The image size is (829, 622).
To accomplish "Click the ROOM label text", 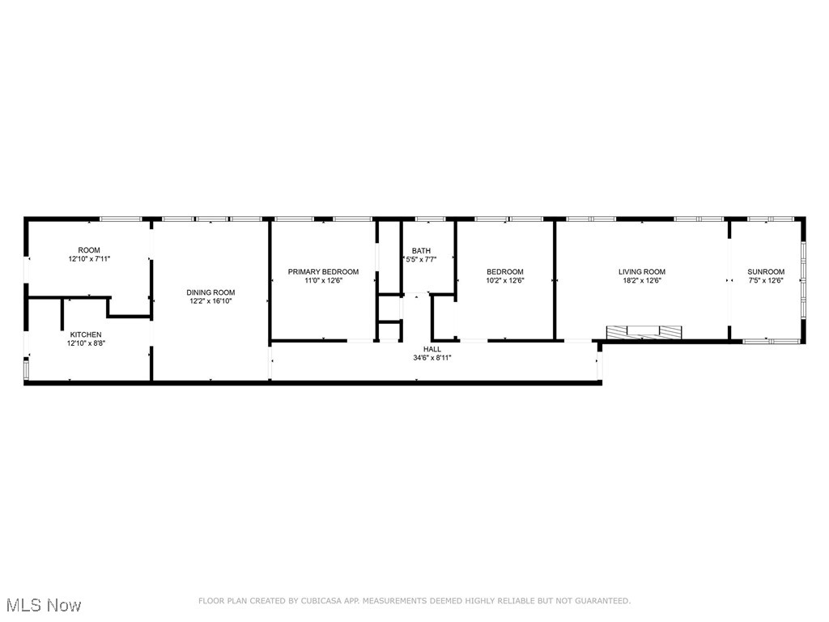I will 89,250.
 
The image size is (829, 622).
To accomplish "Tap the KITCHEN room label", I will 86,334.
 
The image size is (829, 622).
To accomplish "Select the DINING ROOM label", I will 210,292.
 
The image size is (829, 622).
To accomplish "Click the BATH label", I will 421,251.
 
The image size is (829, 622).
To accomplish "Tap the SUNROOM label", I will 766,272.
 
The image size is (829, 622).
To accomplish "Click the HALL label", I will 432,349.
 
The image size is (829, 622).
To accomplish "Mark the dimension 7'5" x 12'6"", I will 766,281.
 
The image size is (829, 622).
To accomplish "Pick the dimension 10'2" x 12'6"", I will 504,281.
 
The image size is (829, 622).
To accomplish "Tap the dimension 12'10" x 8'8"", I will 86,343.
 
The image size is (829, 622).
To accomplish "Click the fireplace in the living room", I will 644,331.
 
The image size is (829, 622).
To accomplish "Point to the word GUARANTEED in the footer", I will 602,601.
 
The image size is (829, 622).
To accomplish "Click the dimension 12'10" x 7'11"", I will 89,259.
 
